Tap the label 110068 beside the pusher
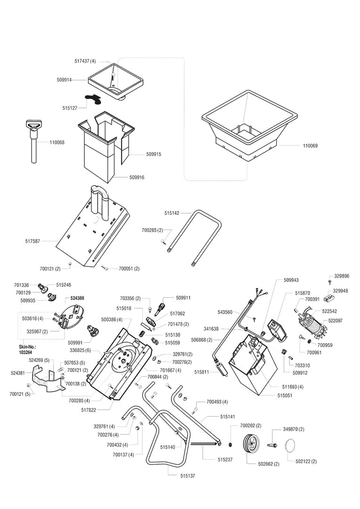tap(57, 142)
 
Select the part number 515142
tap(172, 213)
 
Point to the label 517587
tap(33, 241)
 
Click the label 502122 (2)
tap(306, 461)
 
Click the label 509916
tap(137, 178)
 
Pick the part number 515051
tap(285, 395)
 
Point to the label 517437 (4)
tap(85, 61)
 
